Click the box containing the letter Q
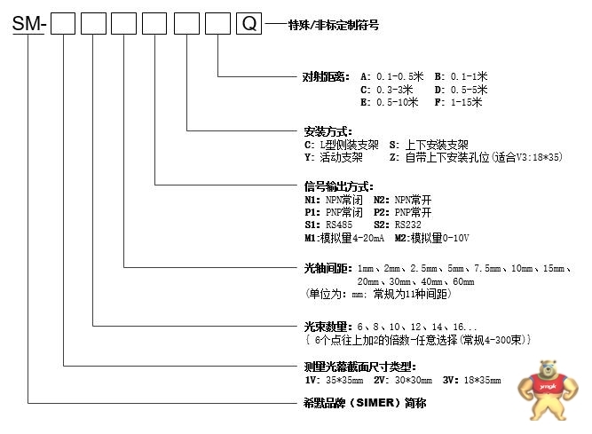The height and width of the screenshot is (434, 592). point(250,26)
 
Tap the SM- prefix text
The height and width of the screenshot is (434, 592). point(29,26)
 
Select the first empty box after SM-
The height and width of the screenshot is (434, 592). point(64,26)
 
